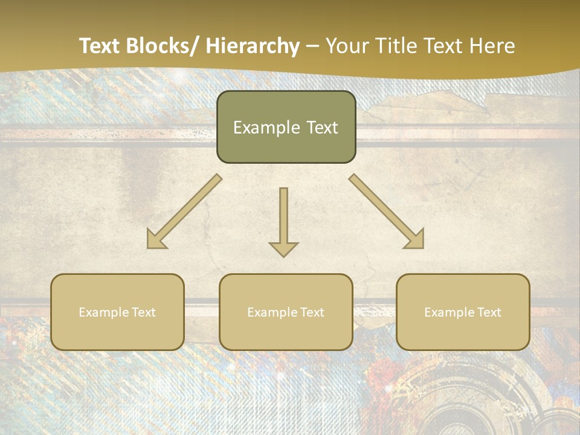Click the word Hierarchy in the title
pyautogui.click(x=253, y=47)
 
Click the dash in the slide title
pyautogui.click(x=312, y=47)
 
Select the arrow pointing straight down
pyautogui.click(x=283, y=217)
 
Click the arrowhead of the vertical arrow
pyautogui.click(x=283, y=249)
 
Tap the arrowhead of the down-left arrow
pyautogui.click(x=155, y=240)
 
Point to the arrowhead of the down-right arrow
pyautogui.click(x=415, y=240)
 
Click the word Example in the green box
pyautogui.click(x=259, y=128)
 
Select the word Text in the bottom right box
pyautogui.click(x=488, y=312)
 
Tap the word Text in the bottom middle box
pyautogui.click(x=311, y=312)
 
